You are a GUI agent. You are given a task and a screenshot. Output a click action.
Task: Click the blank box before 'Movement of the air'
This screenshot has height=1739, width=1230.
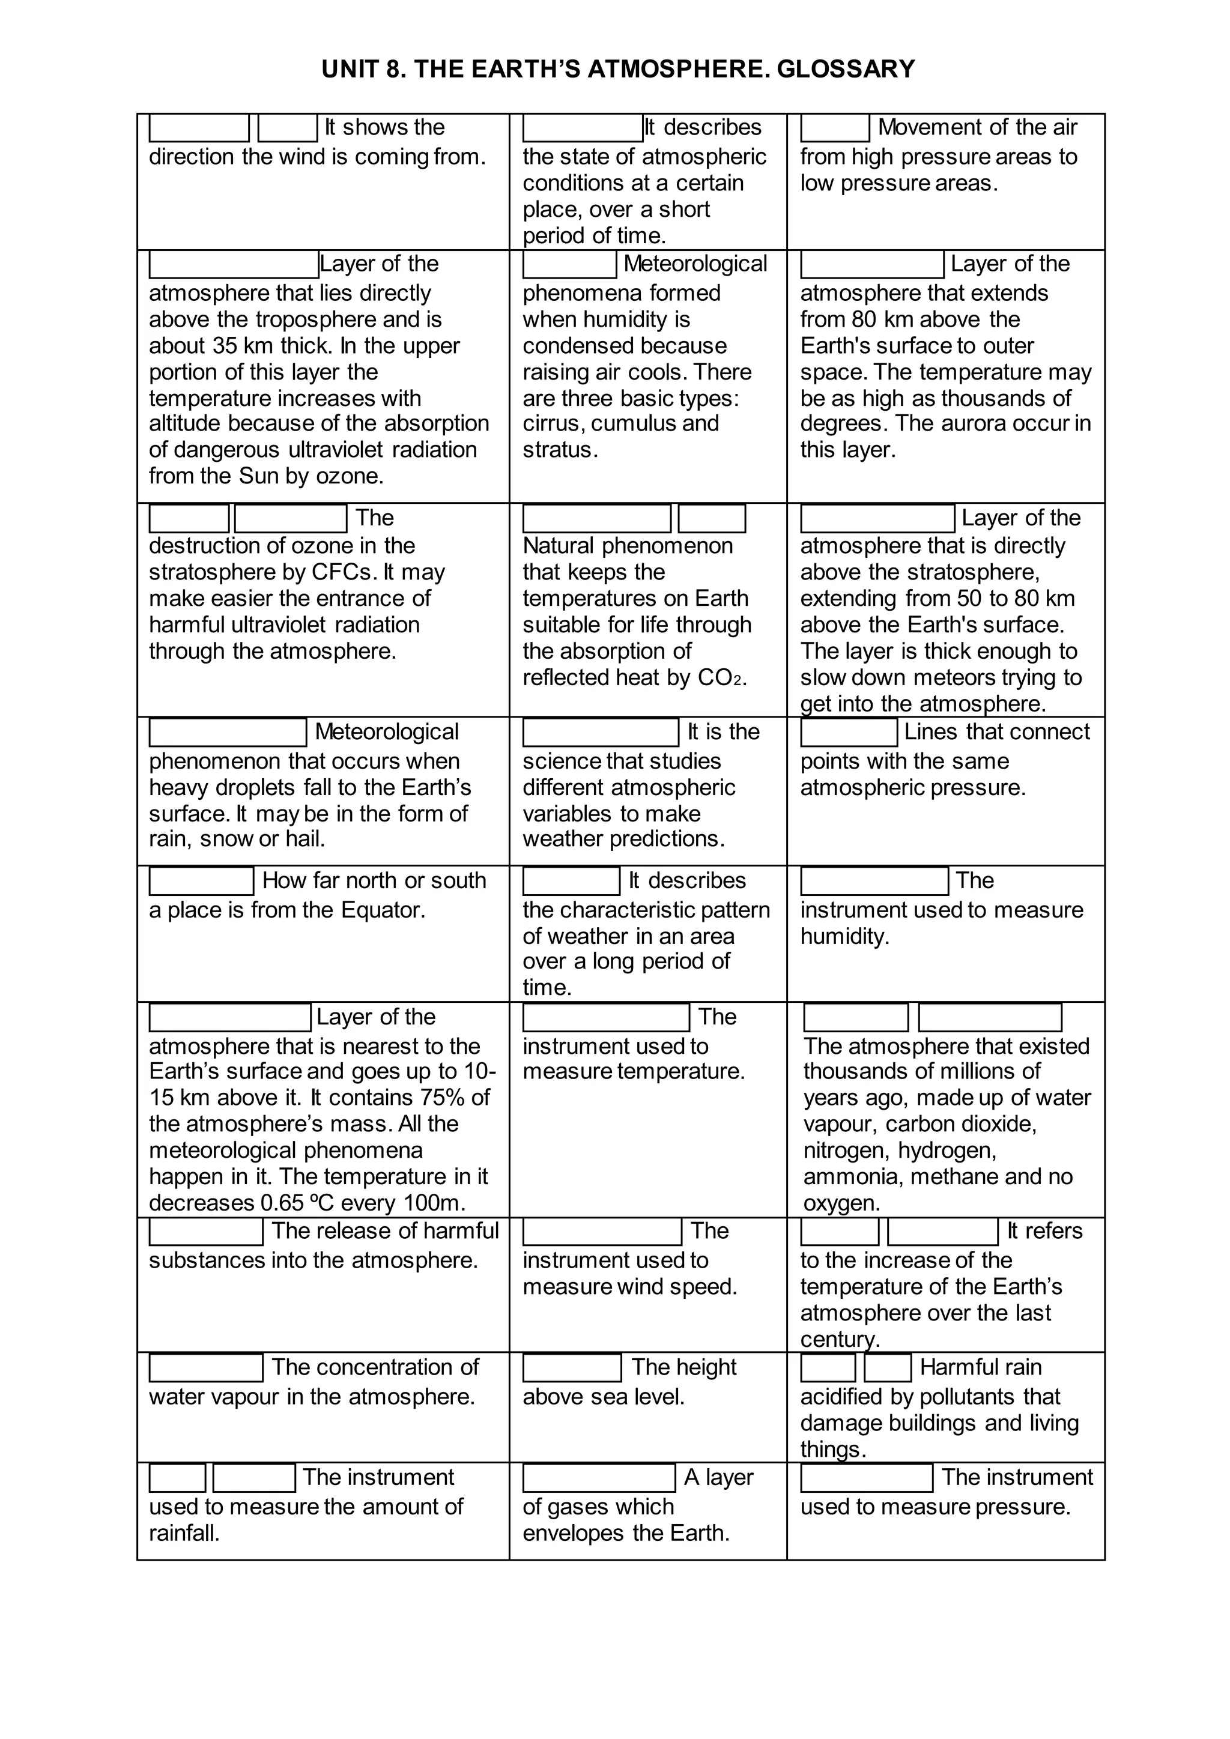point(835,128)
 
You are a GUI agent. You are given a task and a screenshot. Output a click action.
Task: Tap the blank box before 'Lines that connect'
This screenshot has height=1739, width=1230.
point(848,733)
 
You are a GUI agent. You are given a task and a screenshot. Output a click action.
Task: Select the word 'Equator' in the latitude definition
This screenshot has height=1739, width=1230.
point(382,910)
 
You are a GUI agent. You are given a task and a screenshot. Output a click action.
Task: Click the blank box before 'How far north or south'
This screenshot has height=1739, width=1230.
point(201,881)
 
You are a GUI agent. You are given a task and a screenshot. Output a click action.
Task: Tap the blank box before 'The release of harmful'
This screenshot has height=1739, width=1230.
point(205,1231)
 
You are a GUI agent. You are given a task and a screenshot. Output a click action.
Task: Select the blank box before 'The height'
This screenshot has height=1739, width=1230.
point(572,1368)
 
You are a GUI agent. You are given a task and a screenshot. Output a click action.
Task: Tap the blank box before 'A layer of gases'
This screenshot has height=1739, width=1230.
point(598,1478)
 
